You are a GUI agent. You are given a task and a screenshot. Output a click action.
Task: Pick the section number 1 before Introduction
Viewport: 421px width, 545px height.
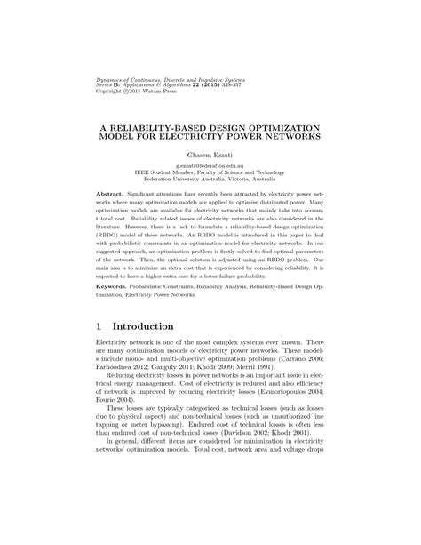(x=100, y=327)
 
